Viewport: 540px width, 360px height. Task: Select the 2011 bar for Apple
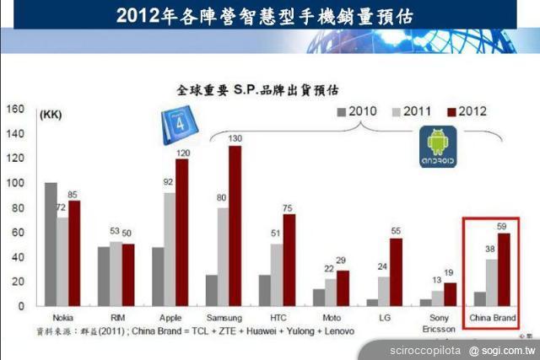point(170,249)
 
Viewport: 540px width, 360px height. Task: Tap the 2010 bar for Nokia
point(51,244)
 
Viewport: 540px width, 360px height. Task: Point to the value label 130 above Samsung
point(235,138)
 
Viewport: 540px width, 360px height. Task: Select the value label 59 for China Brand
point(503,225)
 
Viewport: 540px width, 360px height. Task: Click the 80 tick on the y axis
point(17,207)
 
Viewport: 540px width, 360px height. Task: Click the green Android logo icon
point(437,146)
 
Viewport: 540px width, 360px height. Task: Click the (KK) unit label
point(51,115)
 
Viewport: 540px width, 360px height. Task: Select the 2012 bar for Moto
point(342,287)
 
